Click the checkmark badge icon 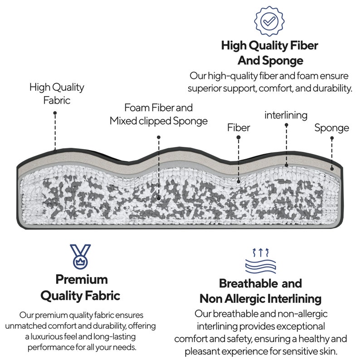click(x=269, y=21)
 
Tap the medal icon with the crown click(x=80, y=257)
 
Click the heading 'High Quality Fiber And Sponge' click(x=270, y=53)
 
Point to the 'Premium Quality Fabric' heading click(x=81, y=287)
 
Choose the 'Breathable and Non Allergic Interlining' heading click(x=261, y=291)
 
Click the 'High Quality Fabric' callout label click(x=57, y=94)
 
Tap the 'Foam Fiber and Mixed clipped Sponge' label click(x=159, y=114)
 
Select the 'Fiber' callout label click(x=238, y=128)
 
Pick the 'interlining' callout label click(x=286, y=115)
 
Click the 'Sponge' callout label click(x=332, y=128)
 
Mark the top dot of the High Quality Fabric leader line click(x=55, y=113)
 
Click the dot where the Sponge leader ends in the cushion click(x=332, y=169)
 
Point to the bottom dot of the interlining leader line click(x=286, y=165)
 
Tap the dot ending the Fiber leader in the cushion click(x=238, y=182)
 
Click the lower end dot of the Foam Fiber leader click(x=159, y=198)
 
